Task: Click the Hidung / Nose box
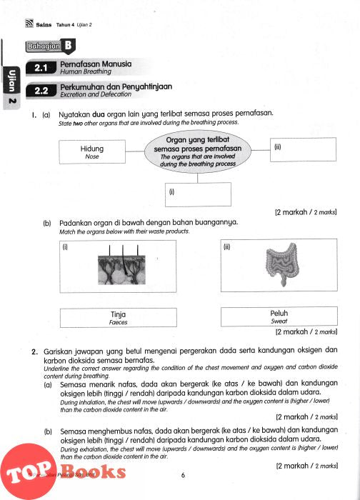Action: [x=92, y=151]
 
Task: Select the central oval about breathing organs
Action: [x=198, y=151]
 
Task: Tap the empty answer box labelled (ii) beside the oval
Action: [x=303, y=149]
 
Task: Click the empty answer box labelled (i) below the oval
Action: [x=198, y=194]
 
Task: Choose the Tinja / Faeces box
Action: [x=119, y=318]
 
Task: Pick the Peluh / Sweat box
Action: [x=279, y=316]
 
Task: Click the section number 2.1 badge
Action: [x=41, y=68]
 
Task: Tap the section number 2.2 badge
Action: [x=41, y=91]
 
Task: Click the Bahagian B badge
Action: [x=51, y=46]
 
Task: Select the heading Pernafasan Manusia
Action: [x=96, y=64]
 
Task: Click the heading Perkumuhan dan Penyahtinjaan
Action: [x=116, y=86]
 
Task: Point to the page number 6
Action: [x=183, y=475]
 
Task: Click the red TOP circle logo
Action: [x=28, y=471]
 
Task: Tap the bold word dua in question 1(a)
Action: [x=99, y=114]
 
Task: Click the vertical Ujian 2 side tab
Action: [x=11, y=88]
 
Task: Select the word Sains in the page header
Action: [x=44, y=24]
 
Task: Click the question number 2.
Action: [x=35, y=352]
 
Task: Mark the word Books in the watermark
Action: [x=93, y=471]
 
